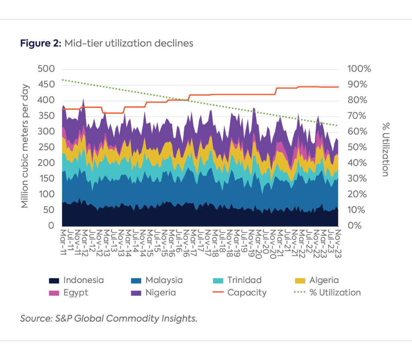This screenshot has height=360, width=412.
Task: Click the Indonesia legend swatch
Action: (54, 281)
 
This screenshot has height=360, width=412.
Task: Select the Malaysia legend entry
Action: (157, 280)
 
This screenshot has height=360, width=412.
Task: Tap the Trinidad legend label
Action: (244, 280)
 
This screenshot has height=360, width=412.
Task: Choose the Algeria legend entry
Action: (317, 280)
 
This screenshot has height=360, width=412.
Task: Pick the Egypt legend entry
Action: (68, 293)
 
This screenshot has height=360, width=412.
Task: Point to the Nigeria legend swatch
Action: (136, 293)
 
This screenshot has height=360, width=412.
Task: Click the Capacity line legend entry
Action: (239, 293)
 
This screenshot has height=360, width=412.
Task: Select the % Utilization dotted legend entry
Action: (328, 292)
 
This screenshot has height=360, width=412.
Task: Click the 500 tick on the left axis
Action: (46, 69)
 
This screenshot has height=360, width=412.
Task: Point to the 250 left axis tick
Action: (46, 147)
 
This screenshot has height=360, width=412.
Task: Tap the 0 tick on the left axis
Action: (51, 226)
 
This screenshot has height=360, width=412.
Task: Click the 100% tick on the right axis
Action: (359, 69)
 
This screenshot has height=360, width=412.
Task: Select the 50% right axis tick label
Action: (357, 147)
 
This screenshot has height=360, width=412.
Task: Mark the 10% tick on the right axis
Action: (356, 210)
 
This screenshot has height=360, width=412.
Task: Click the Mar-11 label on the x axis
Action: (63, 242)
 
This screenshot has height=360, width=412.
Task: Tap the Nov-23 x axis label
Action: (338, 244)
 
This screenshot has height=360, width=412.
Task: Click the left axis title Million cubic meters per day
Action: (25, 146)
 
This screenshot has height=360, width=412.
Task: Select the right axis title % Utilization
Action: (385, 149)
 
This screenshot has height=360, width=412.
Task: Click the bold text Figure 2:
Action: (41, 43)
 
